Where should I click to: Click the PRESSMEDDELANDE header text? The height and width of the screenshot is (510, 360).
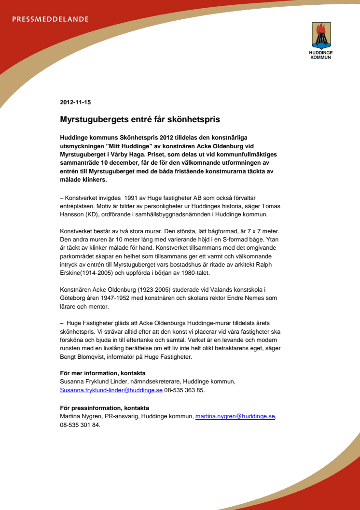(x=50, y=19)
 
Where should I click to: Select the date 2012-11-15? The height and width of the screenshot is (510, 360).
(x=75, y=102)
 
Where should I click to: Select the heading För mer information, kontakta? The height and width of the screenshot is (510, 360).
(x=102, y=373)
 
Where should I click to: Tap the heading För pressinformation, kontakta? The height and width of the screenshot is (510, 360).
(x=104, y=408)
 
